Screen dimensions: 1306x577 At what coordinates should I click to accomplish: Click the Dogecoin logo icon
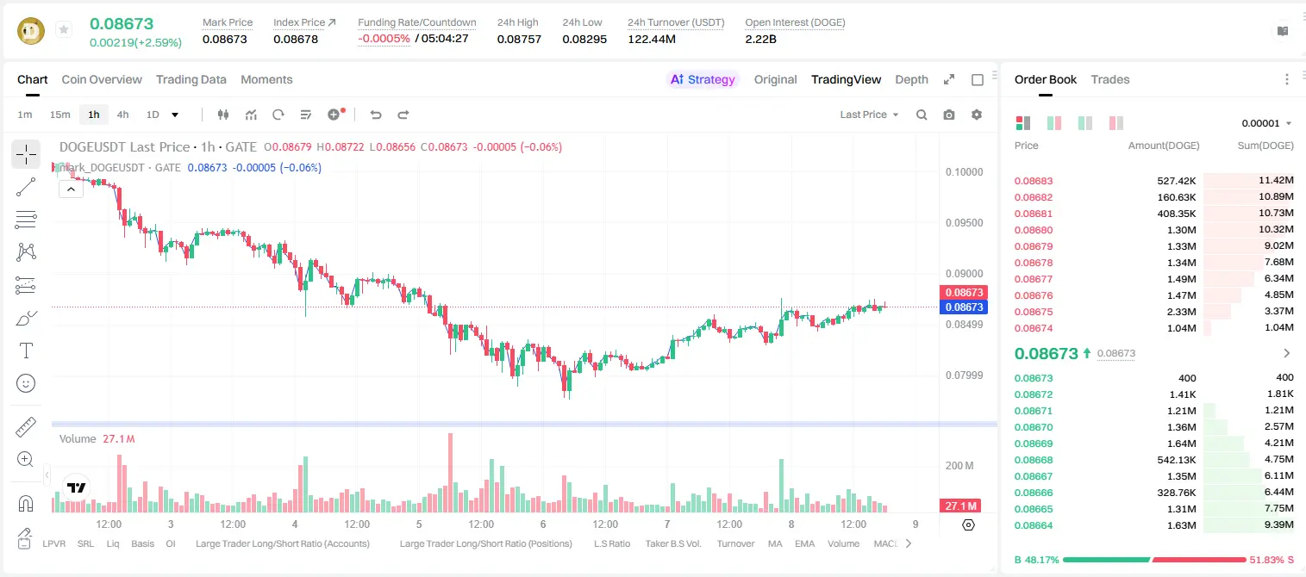tap(31, 31)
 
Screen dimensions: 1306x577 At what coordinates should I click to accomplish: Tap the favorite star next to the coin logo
tap(64, 29)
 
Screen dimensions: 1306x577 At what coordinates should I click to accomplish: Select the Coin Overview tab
tap(102, 79)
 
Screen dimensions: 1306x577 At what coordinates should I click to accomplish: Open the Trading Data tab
tap(191, 79)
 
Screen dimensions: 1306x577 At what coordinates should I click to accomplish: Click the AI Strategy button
tap(703, 79)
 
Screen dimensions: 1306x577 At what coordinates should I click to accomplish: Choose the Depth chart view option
tap(911, 79)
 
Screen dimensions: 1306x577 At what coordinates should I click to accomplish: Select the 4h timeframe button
tap(122, 115)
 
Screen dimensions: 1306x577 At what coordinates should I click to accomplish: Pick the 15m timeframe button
tap(60, 115)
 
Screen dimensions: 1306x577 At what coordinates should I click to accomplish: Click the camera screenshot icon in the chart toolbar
tap(949, 115)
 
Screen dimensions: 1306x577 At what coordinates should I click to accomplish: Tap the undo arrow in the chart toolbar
tap(376, 115)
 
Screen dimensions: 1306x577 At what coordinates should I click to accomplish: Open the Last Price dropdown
tap(869, 115)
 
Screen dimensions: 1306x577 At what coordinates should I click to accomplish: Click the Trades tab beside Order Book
tap(1110, 79)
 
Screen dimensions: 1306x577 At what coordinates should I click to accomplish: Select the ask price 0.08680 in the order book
tap(1034, 230)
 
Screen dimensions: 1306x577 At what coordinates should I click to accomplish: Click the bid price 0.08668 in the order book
tap(1034, 460)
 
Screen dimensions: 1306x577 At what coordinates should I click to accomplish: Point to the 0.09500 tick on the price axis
tap(965, 223)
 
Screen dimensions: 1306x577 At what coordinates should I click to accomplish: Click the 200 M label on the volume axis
tap(959, 466)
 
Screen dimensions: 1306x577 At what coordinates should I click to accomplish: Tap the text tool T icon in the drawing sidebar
tap(26, 351)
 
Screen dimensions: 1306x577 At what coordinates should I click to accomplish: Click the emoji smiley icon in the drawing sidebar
tap(26, 383)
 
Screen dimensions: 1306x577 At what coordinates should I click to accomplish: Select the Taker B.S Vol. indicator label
tap(673, 543)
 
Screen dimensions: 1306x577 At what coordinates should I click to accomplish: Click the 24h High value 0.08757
tap(519, 39)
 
